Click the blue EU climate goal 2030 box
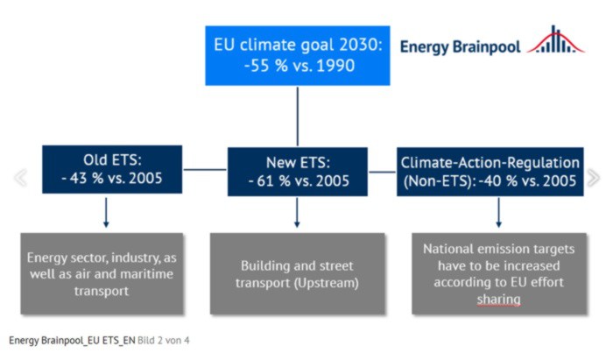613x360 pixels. point(298,55)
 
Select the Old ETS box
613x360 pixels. point(112,169)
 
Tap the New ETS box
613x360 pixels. point(298,172)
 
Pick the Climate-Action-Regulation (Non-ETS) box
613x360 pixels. point(490,172)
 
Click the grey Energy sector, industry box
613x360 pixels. point(102,273)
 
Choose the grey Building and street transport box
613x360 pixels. point(297,273)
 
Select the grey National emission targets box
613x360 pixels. point(499,273)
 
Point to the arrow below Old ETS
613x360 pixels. point(106,212)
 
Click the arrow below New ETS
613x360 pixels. point(297,212)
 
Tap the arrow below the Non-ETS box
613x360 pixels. point(498,212)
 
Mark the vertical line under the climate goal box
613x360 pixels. point(298,116)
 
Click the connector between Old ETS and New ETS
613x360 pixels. point(205,170)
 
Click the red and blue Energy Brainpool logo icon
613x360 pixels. point(555,39)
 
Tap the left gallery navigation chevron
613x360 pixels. point(21,178)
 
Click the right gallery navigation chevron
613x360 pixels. point(593,178)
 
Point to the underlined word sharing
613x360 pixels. point(499,300)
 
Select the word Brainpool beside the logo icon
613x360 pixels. point(487,47)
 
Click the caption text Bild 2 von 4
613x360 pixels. point(164,341)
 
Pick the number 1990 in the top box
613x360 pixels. point(335,66)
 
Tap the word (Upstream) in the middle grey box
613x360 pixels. point(327,283)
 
